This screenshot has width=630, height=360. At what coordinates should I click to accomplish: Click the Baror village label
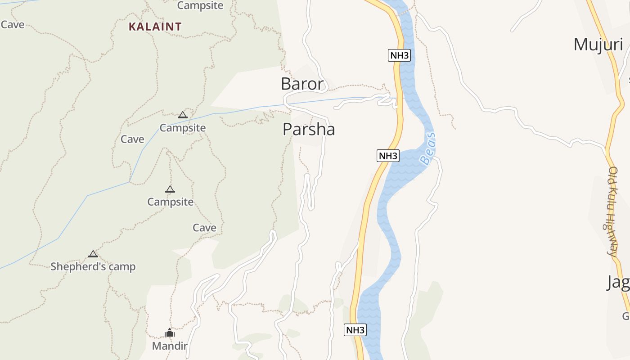tap(302, 84)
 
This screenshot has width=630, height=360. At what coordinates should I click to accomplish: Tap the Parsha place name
tap(309, 130)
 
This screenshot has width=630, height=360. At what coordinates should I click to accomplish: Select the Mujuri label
tap(598, 45)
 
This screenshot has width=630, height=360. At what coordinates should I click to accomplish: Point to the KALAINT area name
tap(155, 27)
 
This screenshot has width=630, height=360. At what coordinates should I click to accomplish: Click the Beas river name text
tap(428, 148)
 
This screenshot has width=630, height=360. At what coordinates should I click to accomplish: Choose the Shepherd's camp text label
tap(93, 266)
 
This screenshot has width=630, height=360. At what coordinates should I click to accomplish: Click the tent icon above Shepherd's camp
tap(93, 254)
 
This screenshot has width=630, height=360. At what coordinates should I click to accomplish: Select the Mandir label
tap(169, 346)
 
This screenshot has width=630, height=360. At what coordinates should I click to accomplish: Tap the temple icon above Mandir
tap(170, 333)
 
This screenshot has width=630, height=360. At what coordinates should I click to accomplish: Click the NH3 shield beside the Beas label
tap(388, 156)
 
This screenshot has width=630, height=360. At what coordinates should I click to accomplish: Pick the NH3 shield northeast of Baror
tap(399, 55)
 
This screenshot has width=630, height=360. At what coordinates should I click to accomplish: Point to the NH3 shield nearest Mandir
tap(355, 330)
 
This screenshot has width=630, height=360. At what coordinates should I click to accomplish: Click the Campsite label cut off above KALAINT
tap(200, 5)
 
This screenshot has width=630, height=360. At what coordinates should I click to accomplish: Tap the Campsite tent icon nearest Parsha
tap(182, 115)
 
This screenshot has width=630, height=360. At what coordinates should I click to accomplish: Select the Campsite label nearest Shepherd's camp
tap(170, 202)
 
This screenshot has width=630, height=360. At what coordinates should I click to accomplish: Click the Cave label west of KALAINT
tap(13, 24)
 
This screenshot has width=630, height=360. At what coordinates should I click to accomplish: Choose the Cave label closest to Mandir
tap(204, 228)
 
